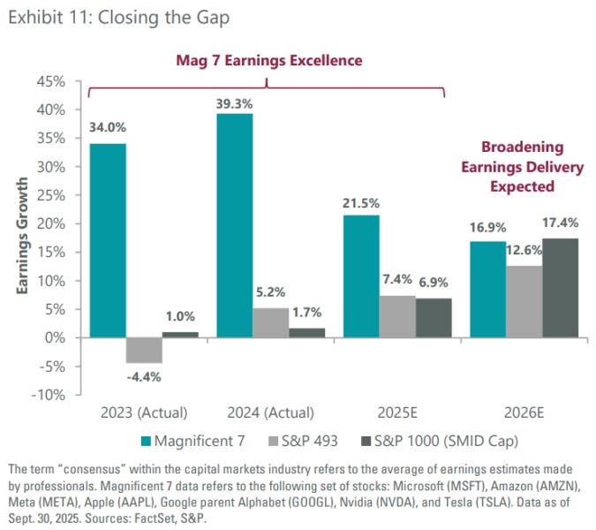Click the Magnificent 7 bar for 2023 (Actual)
coord(107,240)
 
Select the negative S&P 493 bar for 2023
coord(144,351)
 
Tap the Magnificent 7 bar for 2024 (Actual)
coord(234,225)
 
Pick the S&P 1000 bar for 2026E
coord(560,288)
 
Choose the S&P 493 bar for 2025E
coord(397,316)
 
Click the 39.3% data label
coord(235,103)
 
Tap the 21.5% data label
coord(361,204)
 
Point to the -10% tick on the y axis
coord(49,395)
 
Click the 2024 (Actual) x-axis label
coord(270,413)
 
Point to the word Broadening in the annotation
coord(522,147)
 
